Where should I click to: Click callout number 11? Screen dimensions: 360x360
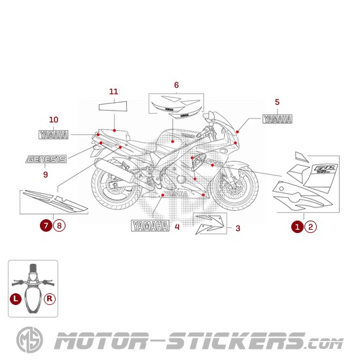(113, 91)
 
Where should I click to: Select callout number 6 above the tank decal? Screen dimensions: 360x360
(176, 85)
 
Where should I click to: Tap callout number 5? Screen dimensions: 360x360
(277, 101)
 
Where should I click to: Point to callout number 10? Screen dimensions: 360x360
(54, 120)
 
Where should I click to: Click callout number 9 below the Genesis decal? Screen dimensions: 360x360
(45, 175)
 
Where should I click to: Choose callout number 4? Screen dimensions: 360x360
(177, 227)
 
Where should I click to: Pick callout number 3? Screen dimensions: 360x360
(238, 228)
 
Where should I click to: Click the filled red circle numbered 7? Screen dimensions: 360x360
(45, 226)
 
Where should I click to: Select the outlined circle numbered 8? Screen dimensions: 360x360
(60, 226)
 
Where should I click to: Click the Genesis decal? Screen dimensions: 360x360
(46, 159)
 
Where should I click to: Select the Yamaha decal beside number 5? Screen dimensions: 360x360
(278, 119)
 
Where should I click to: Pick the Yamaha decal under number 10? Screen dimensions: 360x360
(54, 135)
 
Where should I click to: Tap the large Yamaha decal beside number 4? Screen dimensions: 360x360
(150, 226)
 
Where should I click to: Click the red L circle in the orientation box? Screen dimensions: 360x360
(16, 298)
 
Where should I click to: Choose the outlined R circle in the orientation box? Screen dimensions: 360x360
(50, 298)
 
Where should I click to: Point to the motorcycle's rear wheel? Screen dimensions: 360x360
(115, 189)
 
